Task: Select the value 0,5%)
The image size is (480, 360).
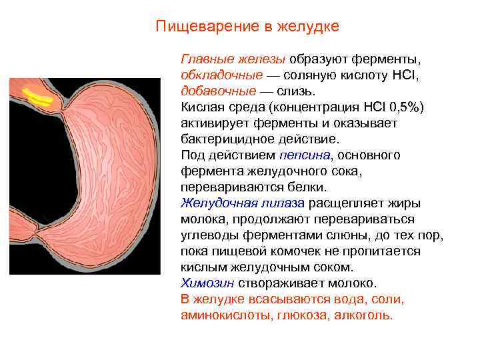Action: pos(402,107)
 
